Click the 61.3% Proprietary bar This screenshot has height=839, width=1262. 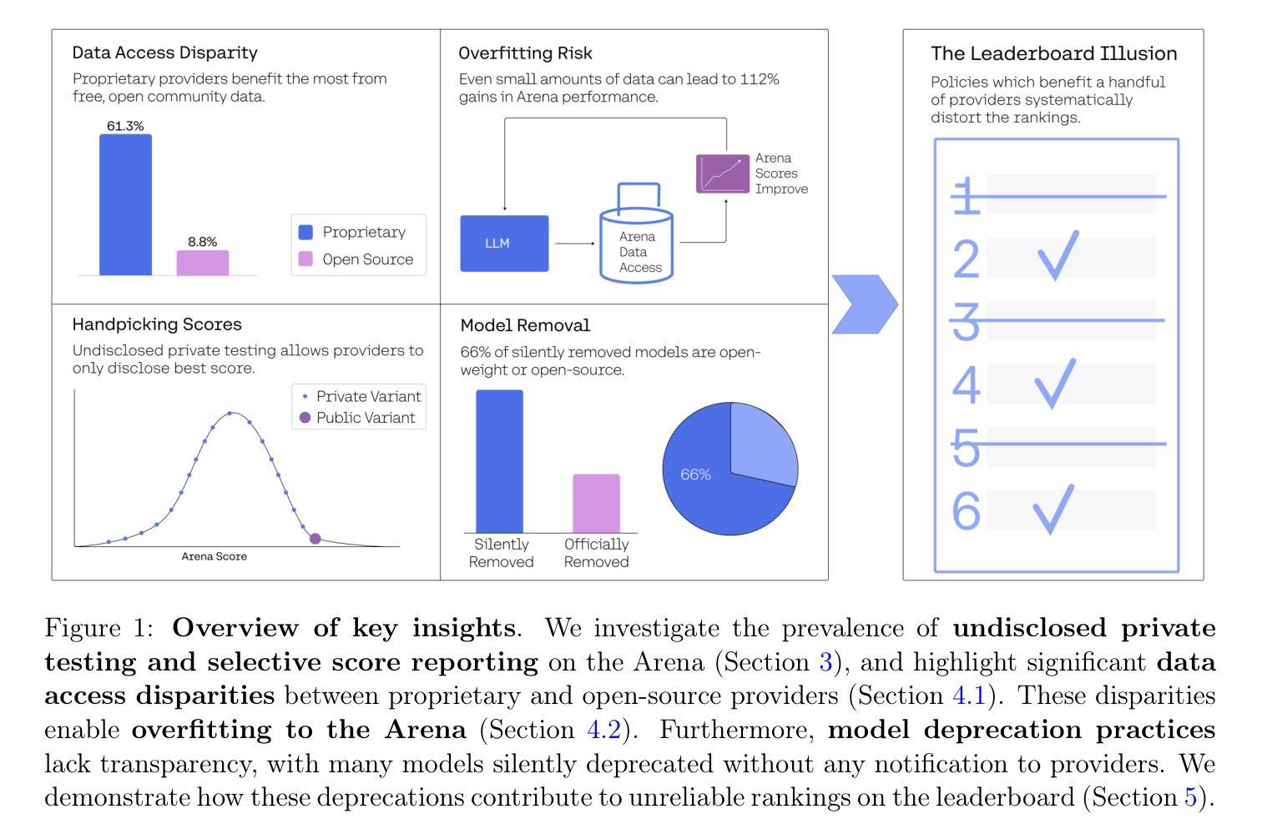coord(125,205)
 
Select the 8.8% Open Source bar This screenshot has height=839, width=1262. coord(202,263)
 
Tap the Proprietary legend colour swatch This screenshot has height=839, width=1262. coord(305,232)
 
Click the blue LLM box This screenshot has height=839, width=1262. coord(504,244)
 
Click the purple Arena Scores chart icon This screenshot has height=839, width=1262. coord(723,173)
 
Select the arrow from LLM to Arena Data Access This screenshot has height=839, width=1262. coord(575,244)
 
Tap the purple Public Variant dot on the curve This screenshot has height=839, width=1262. coord(315,539)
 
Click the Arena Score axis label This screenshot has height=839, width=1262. coord(214,556)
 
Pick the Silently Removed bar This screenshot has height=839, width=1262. coord(499,461)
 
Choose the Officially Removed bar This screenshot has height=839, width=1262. coord(596,504)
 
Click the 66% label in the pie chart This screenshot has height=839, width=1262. coord(695,474)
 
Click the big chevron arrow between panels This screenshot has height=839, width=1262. coord(865,304)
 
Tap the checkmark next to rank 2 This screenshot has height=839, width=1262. coord(1058,255)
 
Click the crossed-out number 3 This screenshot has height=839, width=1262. coord(967,321)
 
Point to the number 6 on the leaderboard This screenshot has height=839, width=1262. coord(967,510)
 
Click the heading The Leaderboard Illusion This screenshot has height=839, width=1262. coord(1053,53)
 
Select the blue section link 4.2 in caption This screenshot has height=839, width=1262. coord(603,730)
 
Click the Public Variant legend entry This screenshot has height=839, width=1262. coord(357,418)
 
